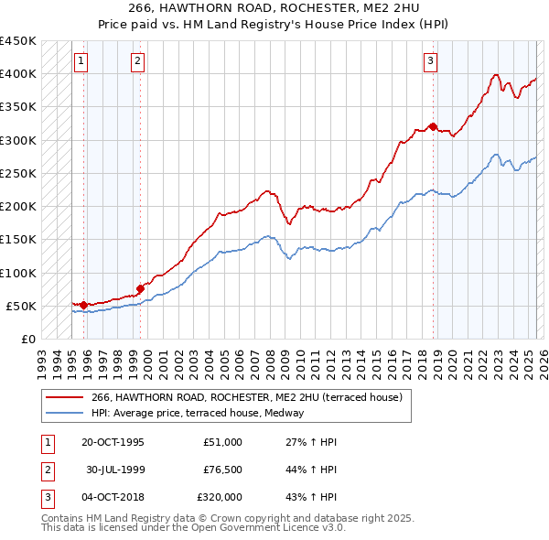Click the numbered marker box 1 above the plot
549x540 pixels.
tap(81, 61)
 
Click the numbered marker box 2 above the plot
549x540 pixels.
tap(137, 61)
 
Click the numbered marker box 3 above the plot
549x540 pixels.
tap(430, 61)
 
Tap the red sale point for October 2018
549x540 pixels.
tap(433, 126)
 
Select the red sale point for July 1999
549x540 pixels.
tap(141, 287)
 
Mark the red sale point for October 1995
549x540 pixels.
tap(84, 305)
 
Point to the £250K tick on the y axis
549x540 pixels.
tap(18, 173)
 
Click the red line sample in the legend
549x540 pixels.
tap(65, 397)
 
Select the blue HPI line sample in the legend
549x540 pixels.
tap(65, 413)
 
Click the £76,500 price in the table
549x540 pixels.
tap(222, 471)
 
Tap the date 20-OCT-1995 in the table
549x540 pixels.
tap(113, 442)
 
